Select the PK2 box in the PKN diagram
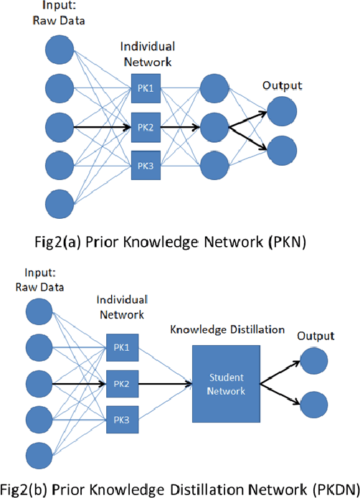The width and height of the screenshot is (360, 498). (145, 128)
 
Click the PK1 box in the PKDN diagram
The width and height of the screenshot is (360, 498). (120, 347)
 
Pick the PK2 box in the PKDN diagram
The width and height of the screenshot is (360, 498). (120, 384)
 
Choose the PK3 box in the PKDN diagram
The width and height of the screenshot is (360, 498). (120, 419)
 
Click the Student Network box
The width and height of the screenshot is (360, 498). (227, 384)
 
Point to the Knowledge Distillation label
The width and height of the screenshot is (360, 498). (227, 329)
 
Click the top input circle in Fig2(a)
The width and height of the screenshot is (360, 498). (59, 50)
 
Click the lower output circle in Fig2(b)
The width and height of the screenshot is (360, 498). (316, 403)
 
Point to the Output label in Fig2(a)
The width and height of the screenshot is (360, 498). (282, 86)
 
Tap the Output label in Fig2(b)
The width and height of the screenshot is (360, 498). (316, 336)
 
